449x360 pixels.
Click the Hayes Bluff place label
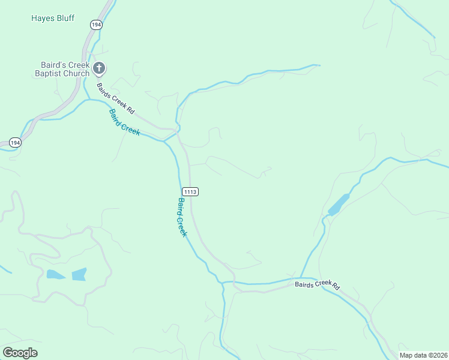coord(53,18)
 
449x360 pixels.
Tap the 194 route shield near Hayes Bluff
coord(97,24)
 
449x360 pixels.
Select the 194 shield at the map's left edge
coord(16,143)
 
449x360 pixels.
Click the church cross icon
coord(99,68)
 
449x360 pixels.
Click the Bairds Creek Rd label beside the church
coord(116,97)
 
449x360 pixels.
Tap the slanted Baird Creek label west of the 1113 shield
coord(124,122)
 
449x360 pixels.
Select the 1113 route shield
coord(190,191)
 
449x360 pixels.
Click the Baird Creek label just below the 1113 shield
coord(182,217)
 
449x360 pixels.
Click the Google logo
coord(20,353)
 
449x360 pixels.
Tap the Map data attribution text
coord(423,355)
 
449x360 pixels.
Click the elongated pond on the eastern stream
coord(339,204)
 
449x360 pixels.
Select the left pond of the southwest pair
coord(56,275)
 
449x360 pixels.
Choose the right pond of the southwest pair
coord(79,274)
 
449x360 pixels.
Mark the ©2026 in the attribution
coord(436,355)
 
